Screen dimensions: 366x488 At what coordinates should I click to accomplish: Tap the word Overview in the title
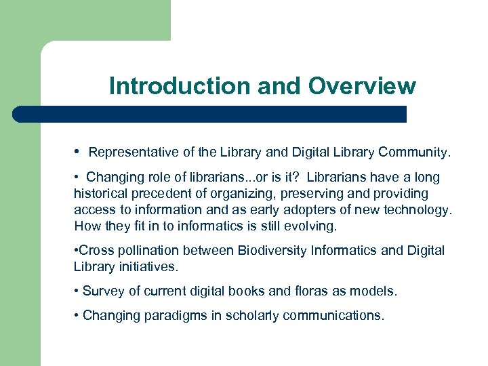[x=362, y=86]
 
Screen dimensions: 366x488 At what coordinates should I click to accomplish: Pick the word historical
[x=102, y=193]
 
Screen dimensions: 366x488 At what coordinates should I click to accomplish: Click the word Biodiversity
[x=273, y=251]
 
